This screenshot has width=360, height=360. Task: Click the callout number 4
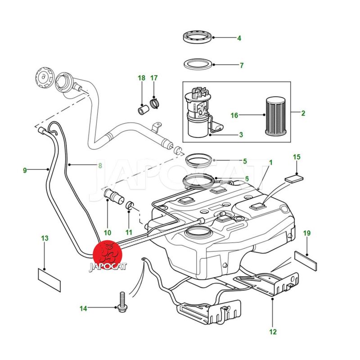(239, 38)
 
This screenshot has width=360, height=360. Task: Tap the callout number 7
(241, 66)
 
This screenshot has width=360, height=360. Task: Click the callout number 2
(303, 113)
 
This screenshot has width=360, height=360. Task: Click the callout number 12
(273, 332)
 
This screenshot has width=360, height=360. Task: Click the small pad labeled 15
(294, 177)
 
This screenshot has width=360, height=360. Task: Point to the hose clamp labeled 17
(155, 104)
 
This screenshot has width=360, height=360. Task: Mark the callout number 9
(25, 170)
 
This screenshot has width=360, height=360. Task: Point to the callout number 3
(241, 134)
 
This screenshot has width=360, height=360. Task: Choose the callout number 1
(271, 162)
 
